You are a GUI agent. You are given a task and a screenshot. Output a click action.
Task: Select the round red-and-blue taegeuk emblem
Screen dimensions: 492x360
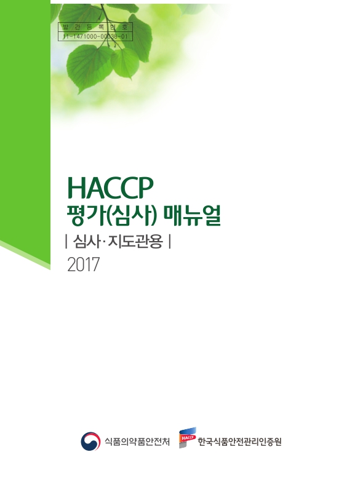(91, 441)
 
